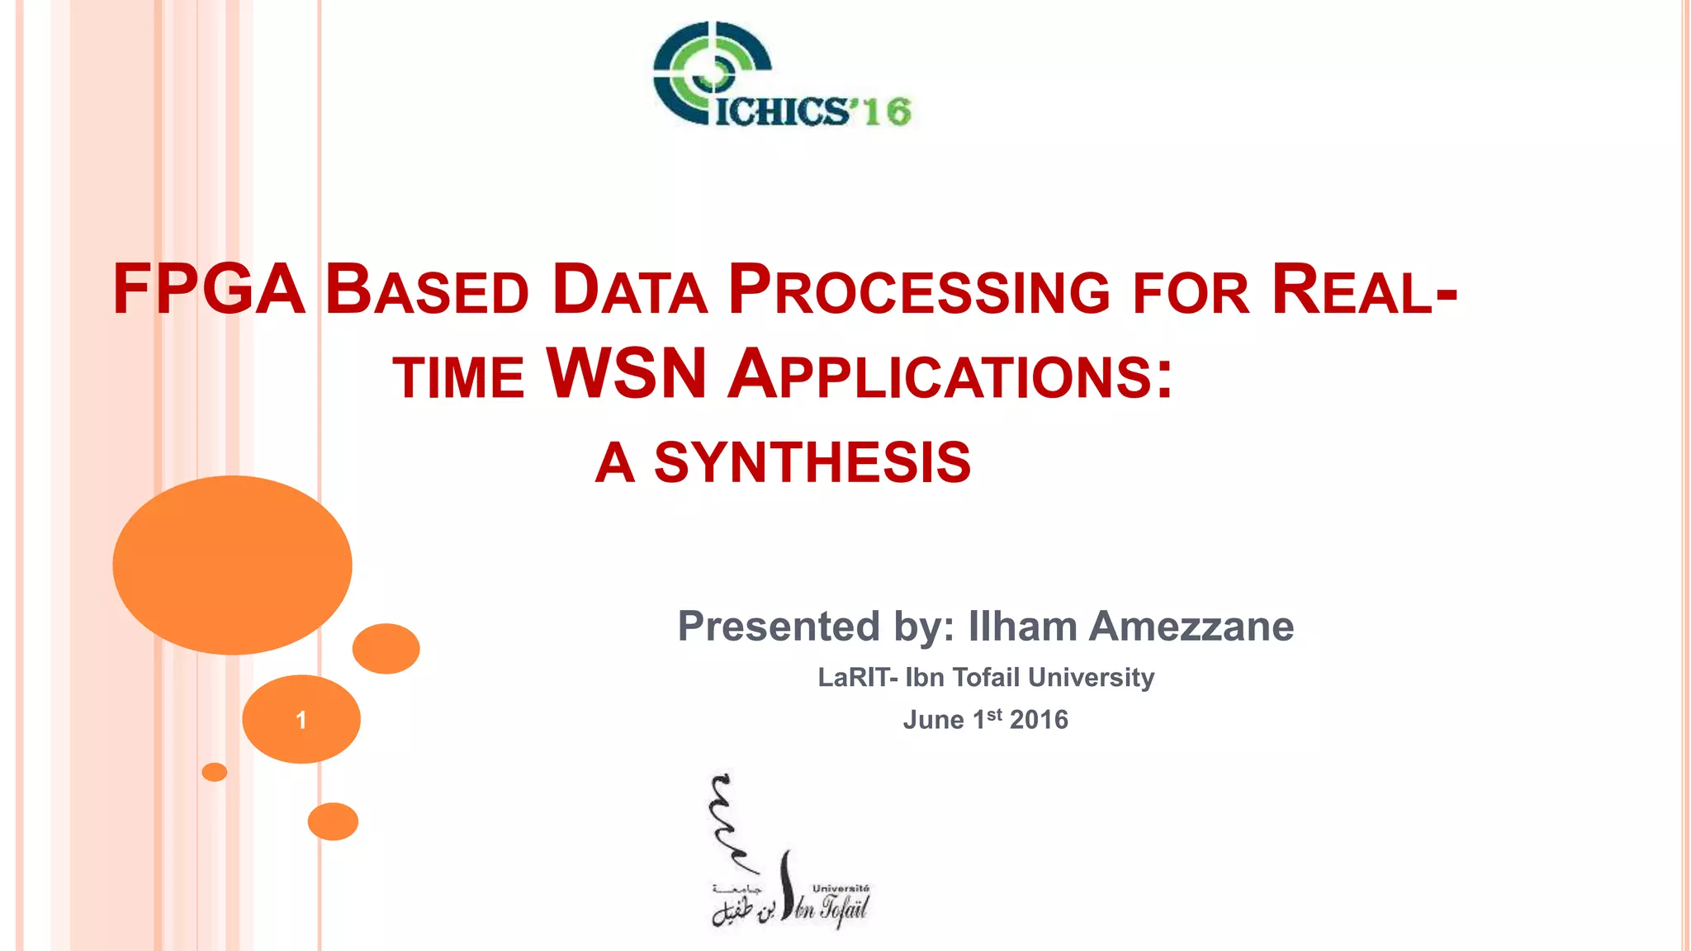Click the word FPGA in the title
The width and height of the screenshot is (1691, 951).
(x=208, y=290)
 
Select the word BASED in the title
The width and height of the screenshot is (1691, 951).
(x=426, y=290)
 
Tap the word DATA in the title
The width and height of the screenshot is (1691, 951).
(x=629, y=290)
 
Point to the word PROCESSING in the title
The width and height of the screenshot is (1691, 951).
(x=919, y=290)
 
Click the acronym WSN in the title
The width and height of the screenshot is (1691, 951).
(x=626, y=374)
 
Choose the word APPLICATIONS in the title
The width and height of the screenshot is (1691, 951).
(x=950, y=376)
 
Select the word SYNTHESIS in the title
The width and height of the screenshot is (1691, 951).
(x=812, y=462)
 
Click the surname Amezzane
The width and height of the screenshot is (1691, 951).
(x=1191, y=626)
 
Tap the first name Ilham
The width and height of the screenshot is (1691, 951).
(x=1022, y=626)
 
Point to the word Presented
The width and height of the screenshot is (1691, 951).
(x=779, y=626)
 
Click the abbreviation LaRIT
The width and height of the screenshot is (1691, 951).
(x=853, y=678)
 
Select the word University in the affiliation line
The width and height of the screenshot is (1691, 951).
(x=1092, y=678)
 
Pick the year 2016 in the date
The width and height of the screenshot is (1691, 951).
(x=1039, y=720)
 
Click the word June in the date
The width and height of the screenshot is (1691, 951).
(x=933, y=720)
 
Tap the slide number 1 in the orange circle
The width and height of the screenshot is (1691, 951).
(x=301, y=720)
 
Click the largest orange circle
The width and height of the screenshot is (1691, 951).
(x=232, y=565)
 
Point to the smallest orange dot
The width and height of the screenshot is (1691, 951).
(x=214, y=772)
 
